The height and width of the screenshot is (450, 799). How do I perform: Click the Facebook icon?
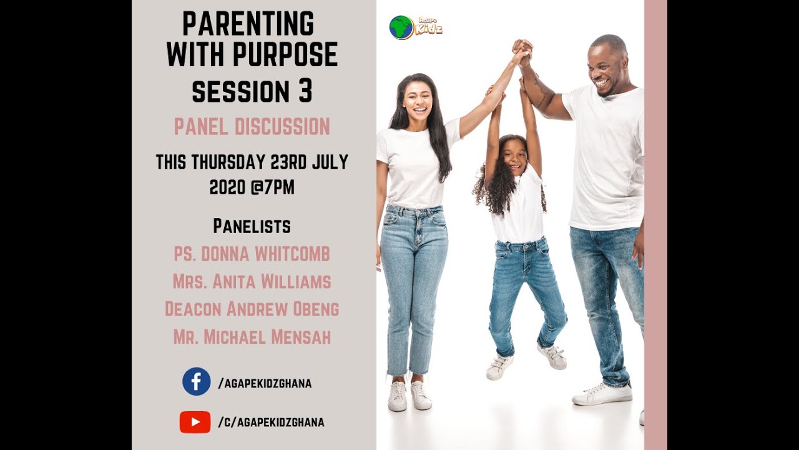(x=196, y=381)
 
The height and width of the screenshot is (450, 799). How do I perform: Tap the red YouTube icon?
(x=195, y=422)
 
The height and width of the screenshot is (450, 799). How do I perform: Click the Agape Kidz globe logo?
(x=401, y=27)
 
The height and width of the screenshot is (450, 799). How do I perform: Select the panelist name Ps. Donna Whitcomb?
(x=252, y=254)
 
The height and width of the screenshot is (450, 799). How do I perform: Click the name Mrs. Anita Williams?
(x=252, y=282)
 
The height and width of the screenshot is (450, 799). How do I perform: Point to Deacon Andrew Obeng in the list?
(x=252, y=309)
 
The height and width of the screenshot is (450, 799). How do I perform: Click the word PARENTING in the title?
(x=248, y=24)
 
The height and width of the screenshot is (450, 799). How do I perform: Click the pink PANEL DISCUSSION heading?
(x=252, y=127)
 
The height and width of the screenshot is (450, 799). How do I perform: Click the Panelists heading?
(x=252, y=226)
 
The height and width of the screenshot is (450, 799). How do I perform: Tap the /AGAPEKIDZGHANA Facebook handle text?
(x=265, y=384)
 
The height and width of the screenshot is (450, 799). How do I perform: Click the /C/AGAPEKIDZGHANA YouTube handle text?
(x=271, y=422)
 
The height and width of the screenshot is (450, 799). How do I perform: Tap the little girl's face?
(x=514, y=156)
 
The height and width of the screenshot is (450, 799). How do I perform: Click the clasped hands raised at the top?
(x=522, y=49)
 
